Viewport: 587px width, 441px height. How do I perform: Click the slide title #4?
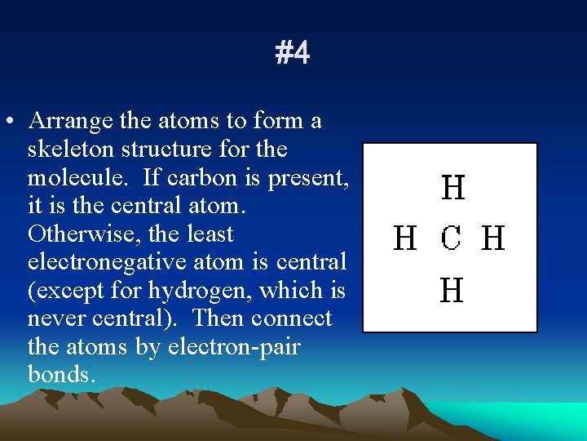tap(293, 54)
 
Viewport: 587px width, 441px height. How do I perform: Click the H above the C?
tap(453, 189)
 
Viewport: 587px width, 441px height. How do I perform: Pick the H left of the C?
tap(405, 239)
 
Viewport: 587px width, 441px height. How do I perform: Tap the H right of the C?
tap(494, 239)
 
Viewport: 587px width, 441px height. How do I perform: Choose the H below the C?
tap(452, 290)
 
